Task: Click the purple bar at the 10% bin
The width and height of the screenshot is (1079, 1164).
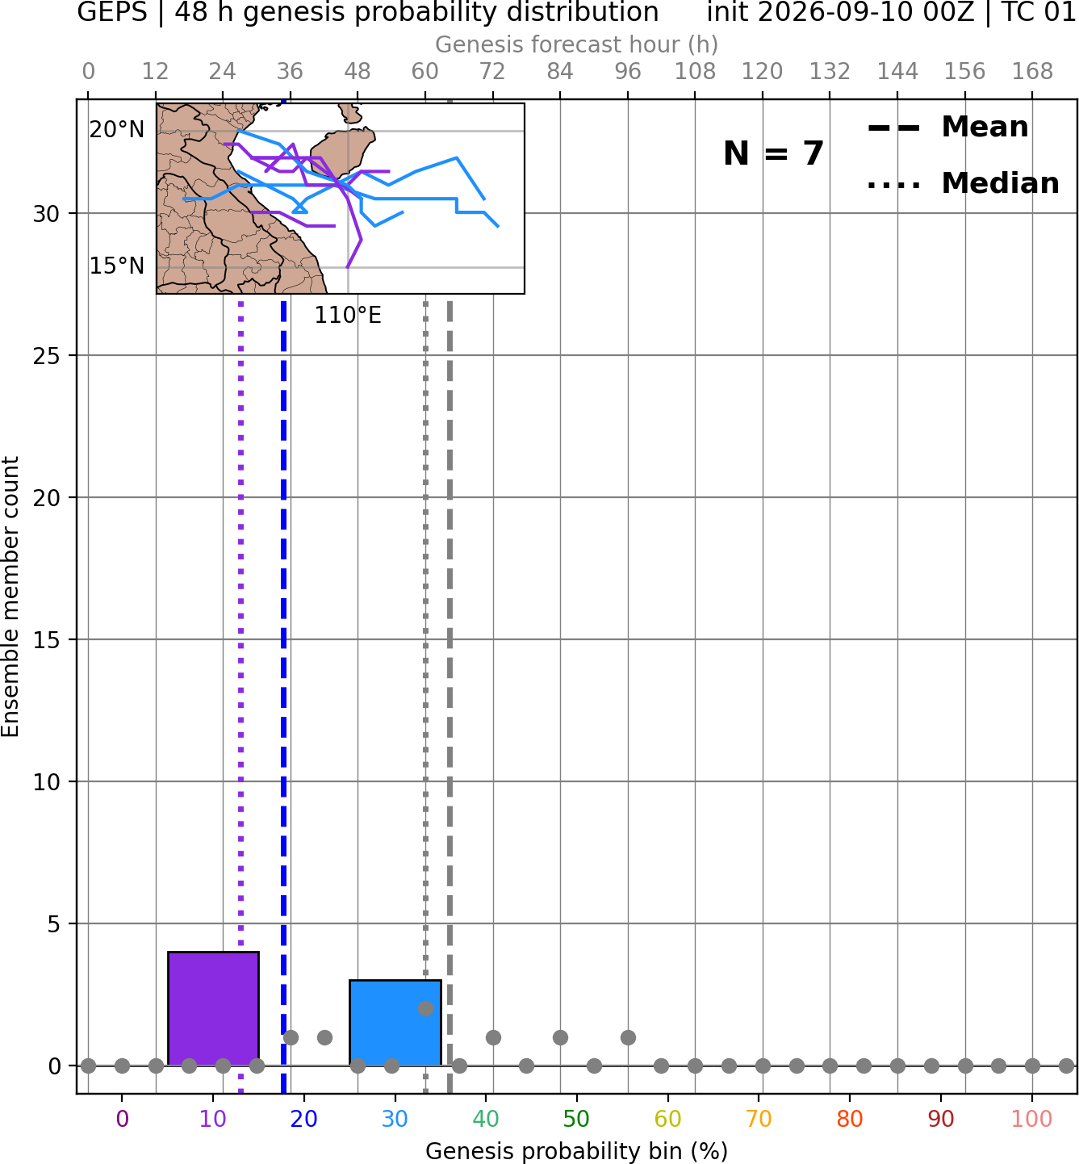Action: (213, 1009)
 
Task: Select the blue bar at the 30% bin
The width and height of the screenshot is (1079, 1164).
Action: (395, 1023)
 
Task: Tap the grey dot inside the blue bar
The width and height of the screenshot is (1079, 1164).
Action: (425, 1009)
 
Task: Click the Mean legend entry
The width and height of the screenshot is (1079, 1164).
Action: (947, 127)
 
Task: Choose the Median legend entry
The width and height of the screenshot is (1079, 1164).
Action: (963, 183)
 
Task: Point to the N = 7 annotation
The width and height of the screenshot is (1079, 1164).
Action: (774, 153)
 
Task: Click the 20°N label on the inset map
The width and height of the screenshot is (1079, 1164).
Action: (117, 129)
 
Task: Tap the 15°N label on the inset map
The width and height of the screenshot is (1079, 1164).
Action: (117, 266)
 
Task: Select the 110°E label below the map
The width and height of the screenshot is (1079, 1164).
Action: (348, 316)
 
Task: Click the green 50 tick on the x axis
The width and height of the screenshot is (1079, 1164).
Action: (576, 1119)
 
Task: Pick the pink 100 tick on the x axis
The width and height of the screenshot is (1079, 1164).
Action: (1031, 1119)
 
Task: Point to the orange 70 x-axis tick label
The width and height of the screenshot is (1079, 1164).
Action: (759, 1119)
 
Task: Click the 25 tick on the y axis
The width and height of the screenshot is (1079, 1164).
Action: (46, 356)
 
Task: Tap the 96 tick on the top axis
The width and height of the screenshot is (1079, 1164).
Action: (628, 72)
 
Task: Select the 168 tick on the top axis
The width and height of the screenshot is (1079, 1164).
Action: (1032, 72)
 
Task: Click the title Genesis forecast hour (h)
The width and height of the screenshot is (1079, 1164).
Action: (577, 44)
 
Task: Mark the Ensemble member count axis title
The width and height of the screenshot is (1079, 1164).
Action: (10, 597)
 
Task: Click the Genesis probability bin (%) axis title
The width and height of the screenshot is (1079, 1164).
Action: (577, 1151)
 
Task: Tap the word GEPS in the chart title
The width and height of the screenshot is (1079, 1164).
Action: (112, 12)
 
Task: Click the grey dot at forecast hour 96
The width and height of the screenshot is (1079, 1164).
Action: (628, 1037)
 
